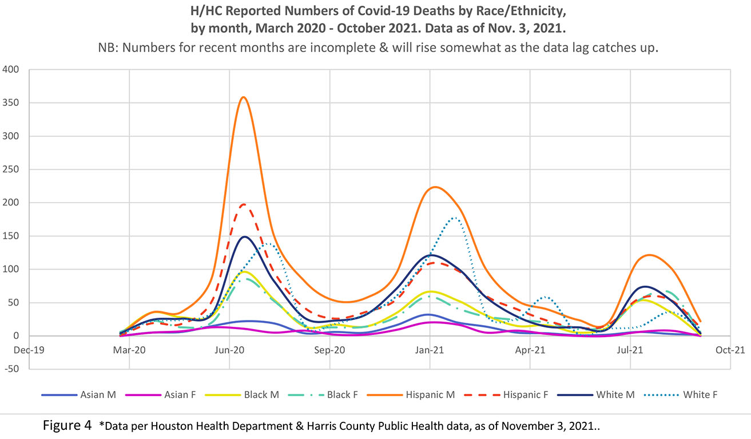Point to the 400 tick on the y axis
11,70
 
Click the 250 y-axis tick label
11,169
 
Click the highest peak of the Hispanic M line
244,97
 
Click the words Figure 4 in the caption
67,426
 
